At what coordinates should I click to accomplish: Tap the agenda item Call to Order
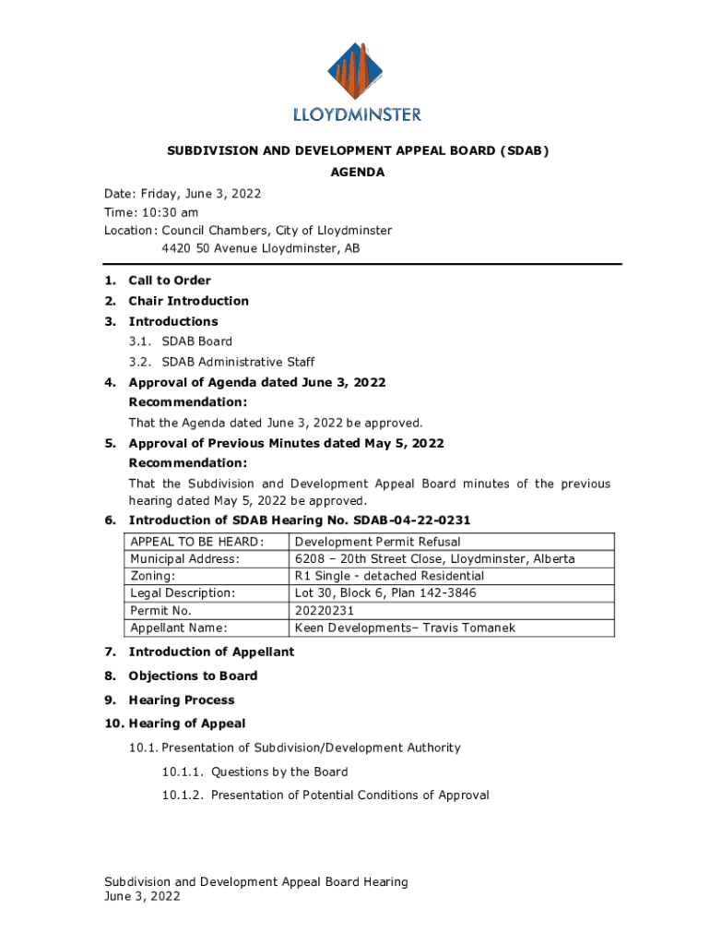click(170, 281)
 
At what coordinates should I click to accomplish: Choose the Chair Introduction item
click(188, 301)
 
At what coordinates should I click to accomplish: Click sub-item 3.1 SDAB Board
click(197, 341)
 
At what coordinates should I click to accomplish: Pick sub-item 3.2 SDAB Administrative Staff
click(238, 362)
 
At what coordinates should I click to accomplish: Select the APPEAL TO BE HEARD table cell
click(197, 542)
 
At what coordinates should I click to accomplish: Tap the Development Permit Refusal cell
click(377, 542)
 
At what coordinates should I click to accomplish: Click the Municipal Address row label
click(184, 559)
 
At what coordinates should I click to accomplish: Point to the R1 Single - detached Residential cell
click(389, 576)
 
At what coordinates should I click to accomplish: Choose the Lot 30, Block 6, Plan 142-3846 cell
click(385, 593)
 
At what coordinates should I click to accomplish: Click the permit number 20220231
click(325, 611)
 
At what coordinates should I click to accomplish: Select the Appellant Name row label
click(179, 628)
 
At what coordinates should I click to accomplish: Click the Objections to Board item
click(193, 676)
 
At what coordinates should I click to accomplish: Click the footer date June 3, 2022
click(142, 896)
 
